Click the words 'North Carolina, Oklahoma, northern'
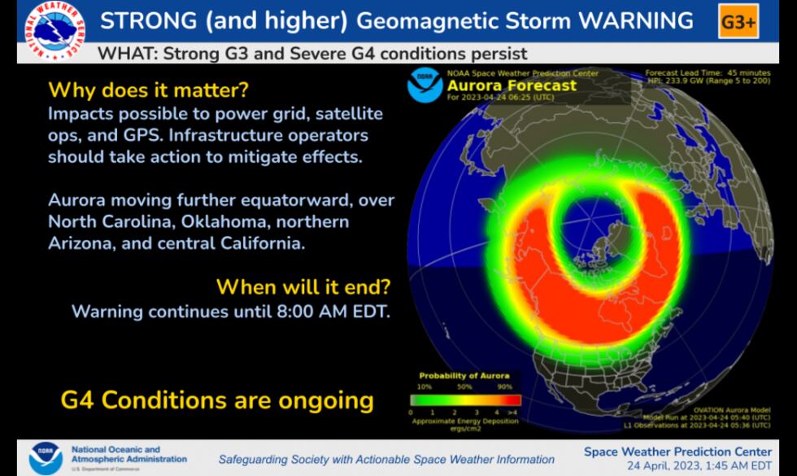tap(198, 221)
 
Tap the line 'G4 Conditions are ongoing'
tap(217, 400)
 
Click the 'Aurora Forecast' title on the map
tap(509, 85)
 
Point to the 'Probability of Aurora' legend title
tap(464, 375)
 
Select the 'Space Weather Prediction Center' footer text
tap(677, 452)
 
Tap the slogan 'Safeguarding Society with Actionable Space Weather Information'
tap(386, 460)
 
